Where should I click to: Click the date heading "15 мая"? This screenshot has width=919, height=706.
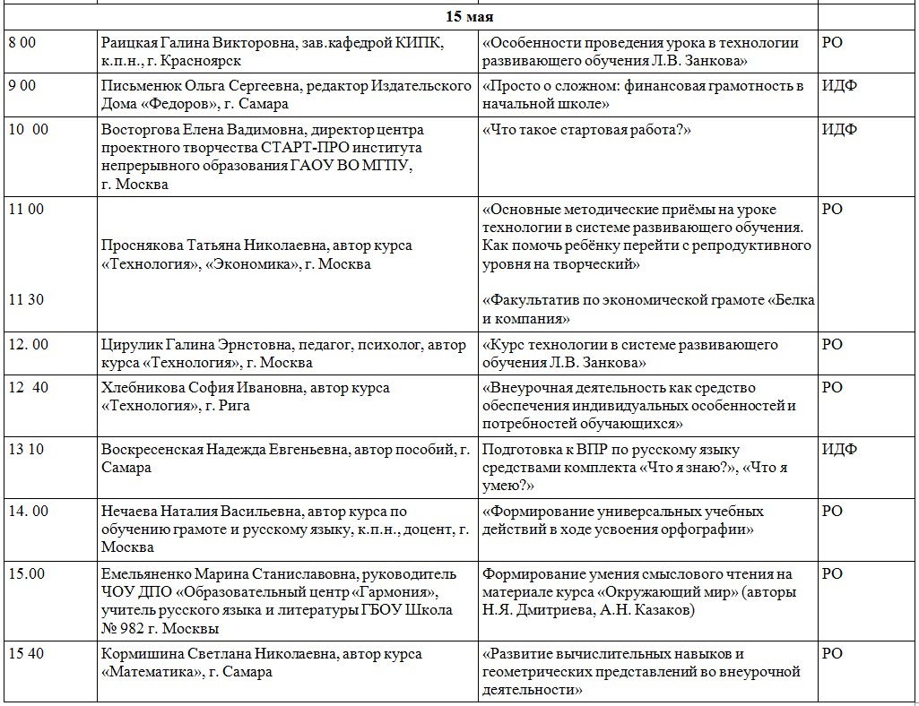coord(470,17)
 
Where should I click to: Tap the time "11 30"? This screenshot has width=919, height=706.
coord(25,300)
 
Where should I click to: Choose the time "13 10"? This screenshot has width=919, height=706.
coord(25,450)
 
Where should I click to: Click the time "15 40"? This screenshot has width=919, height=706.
coord(25,654)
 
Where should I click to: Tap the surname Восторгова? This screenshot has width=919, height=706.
coord(141,129)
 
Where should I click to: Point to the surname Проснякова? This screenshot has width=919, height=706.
coord(144,245)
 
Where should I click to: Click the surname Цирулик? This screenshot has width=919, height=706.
coord(132,345)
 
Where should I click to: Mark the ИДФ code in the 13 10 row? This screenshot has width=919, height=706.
coord(839,450)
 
